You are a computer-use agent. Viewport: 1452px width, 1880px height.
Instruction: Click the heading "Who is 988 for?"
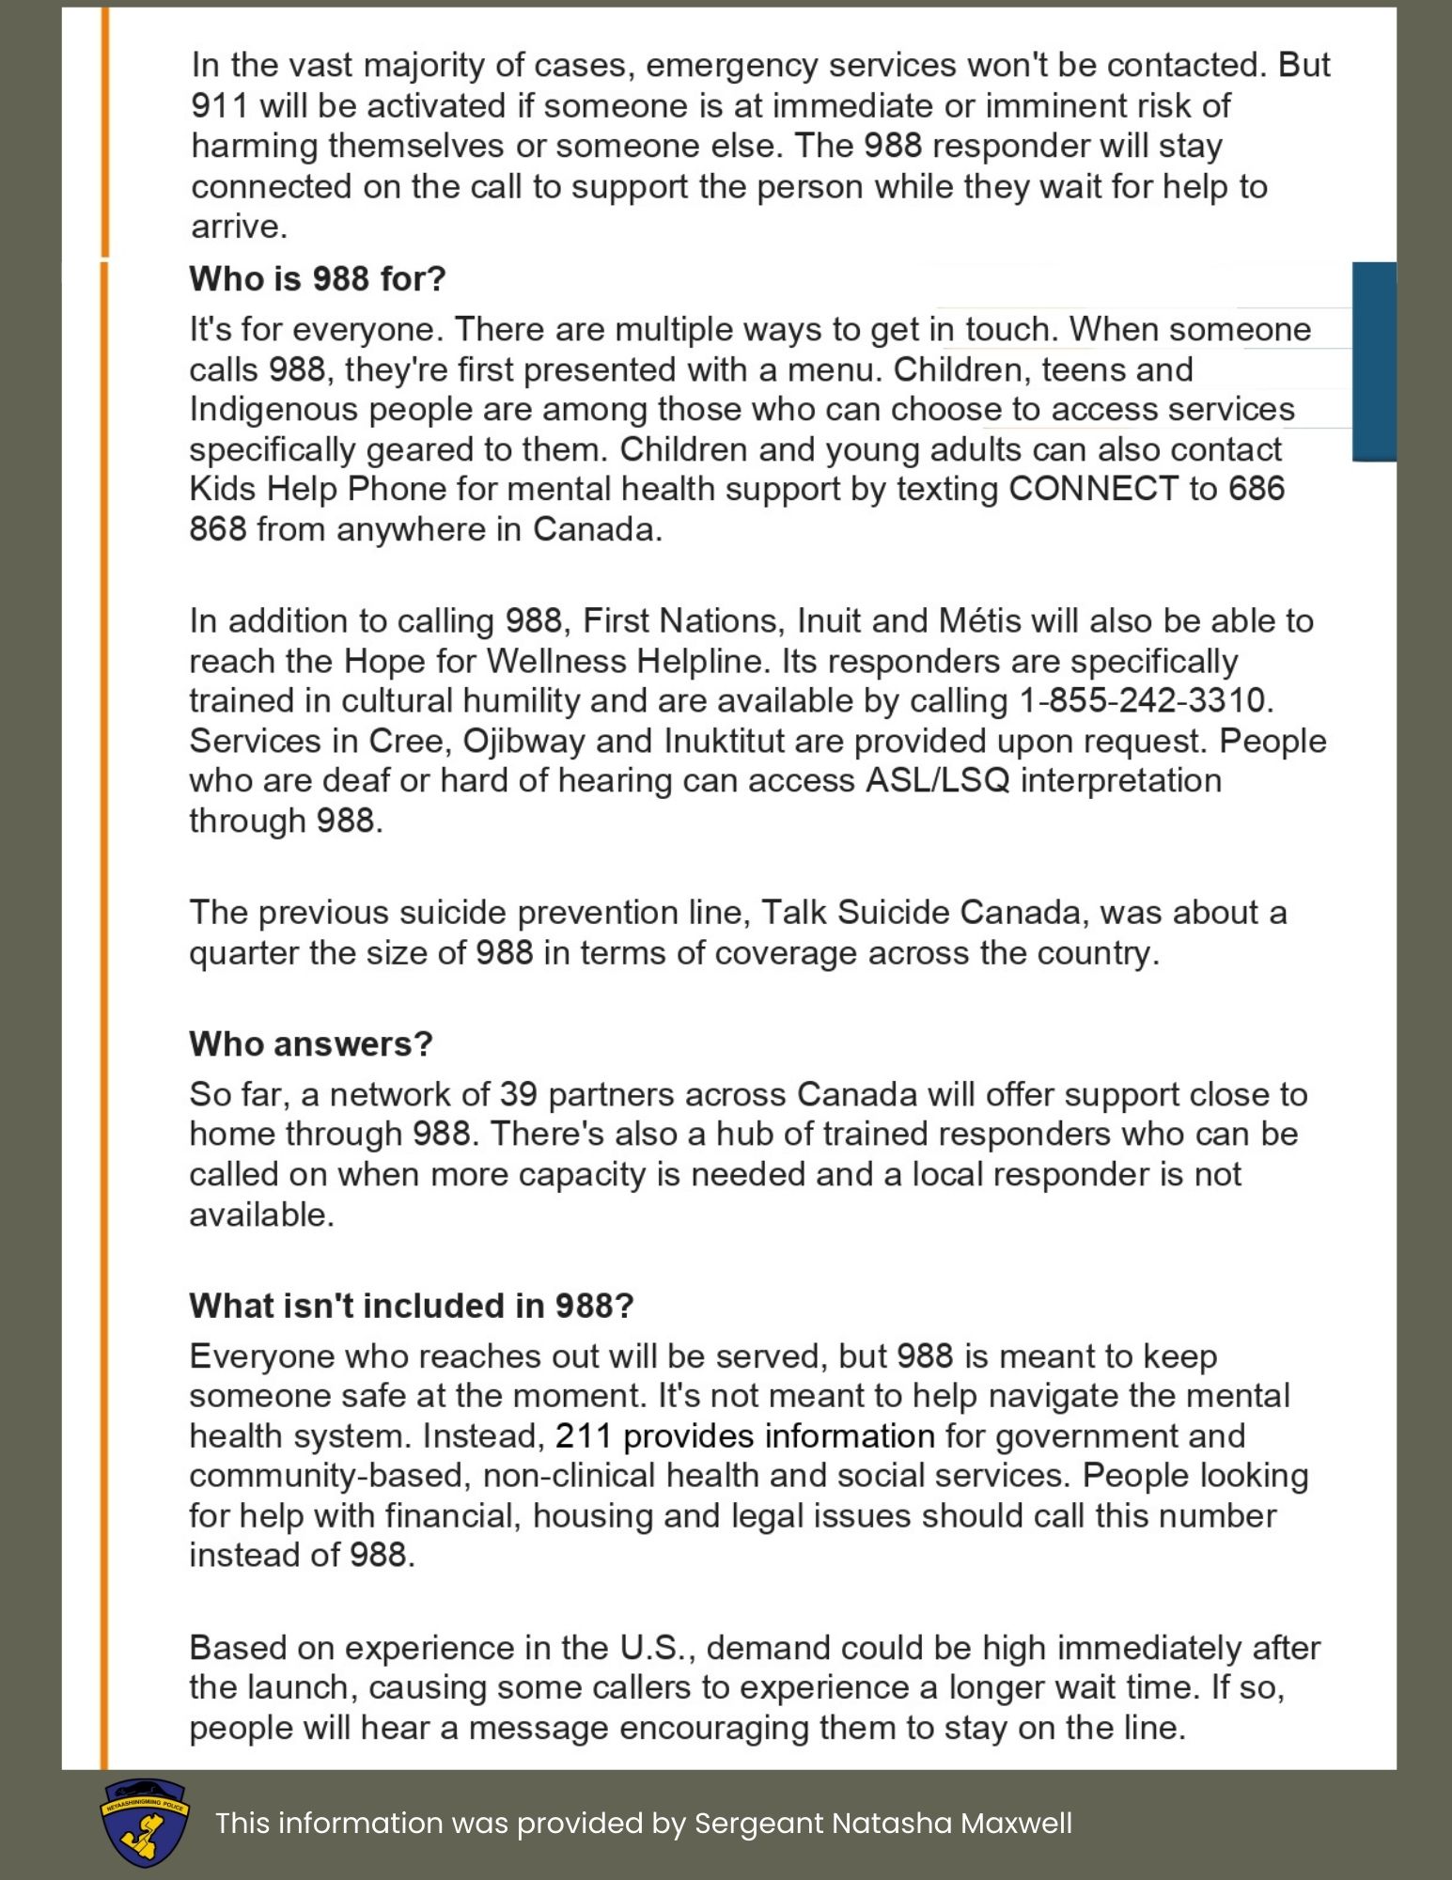tap(318, 279)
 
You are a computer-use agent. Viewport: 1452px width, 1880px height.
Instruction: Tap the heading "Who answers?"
tap(311, 1043)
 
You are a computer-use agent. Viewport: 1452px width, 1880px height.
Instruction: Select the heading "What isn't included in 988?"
tap(412, 1306)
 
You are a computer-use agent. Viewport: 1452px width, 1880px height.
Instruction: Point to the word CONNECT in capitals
tap(1093, 490)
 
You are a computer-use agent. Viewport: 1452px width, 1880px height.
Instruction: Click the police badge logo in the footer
tap(145, 1823)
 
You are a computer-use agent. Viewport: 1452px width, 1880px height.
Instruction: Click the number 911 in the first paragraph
tap(220, 106)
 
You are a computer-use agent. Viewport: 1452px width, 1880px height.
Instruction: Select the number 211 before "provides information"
tap(583, 1436)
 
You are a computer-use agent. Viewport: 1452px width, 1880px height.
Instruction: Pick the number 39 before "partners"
tap(518, 1095)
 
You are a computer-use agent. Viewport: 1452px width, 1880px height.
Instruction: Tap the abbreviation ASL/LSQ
tap(937, 781)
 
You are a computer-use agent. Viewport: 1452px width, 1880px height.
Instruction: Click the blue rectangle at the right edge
tap(1374, 362)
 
